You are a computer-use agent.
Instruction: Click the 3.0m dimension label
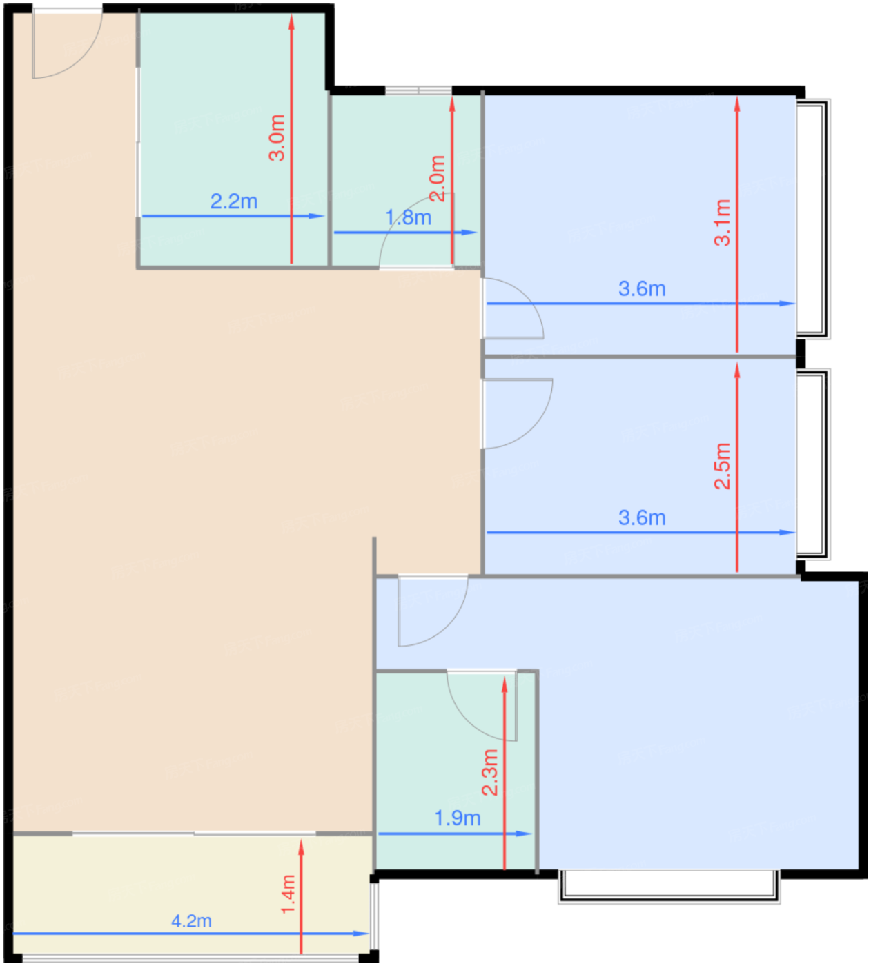[277, 138]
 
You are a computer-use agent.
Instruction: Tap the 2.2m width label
[234, 201]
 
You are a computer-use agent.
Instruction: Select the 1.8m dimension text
[408, 218]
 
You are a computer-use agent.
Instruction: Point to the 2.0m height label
[438, 178]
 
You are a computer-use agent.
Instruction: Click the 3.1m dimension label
[722, 222]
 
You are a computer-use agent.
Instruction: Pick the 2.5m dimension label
[722, 466]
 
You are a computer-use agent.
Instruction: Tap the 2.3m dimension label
[489, 772]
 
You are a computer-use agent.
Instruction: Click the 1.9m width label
[457, 818]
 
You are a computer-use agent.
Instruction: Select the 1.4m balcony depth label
[288, 894]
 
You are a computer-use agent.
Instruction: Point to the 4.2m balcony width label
[191, 921]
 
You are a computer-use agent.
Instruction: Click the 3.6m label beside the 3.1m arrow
[642, 288]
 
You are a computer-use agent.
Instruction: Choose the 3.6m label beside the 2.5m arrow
[642, 517]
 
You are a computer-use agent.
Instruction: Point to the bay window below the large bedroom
[669, 886]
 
